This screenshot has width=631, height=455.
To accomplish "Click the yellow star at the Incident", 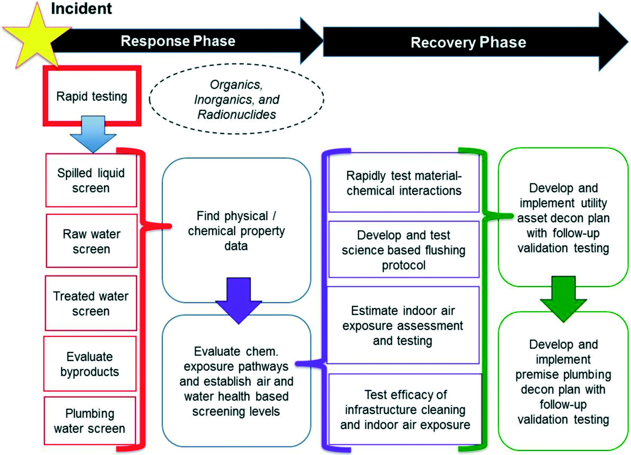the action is [x=37, y=36].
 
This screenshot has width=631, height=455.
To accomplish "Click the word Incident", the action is [x=82, y=9].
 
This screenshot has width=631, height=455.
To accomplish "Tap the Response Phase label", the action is [x=178, y=41].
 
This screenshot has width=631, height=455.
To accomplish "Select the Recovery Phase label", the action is [x=468, y=42].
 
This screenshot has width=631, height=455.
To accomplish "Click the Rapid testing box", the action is [x=92, y=96].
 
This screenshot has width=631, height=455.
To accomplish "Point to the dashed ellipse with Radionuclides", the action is [x=236, y=99].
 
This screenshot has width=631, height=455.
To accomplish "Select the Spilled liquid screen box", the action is [x=91, y=180].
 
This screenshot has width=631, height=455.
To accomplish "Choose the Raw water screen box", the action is [x=91, y=241].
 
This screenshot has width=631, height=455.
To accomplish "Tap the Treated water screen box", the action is [x=91, y=303].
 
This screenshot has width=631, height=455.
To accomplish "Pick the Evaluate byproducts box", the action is [x=90, y=364].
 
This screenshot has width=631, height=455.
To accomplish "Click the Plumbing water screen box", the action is [x=90, y=421].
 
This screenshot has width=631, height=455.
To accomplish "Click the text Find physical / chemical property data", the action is [x=236, y=231].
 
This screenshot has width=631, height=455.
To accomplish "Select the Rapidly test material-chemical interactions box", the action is [x=404, y=183].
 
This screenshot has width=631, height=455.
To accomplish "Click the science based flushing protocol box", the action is [x=404, y=249].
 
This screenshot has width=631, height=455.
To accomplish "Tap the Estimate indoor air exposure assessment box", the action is [x=403, y=325].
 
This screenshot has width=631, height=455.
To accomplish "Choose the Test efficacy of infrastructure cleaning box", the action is [x=405, y=409].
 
